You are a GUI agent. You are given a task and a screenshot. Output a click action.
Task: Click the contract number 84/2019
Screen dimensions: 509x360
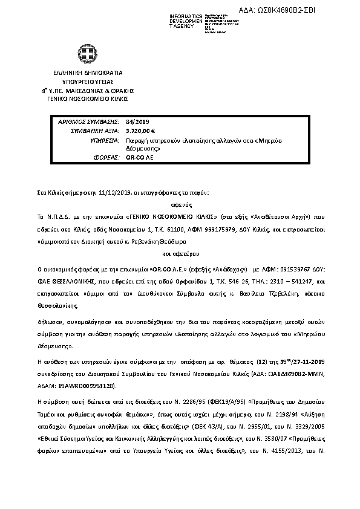pyautogui.click(x=133, y=122)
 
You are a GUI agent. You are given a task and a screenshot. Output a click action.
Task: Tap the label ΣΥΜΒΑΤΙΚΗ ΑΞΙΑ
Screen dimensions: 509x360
pyautogui.click(x=94, y=130)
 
